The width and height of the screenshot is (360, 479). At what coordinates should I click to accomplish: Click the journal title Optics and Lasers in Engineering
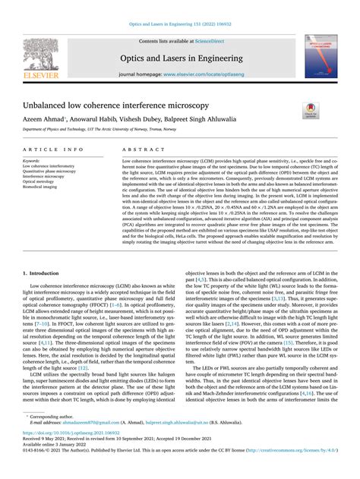click(x=179, y=57)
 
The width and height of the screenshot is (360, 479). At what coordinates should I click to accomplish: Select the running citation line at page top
click(x=179, y=24)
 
